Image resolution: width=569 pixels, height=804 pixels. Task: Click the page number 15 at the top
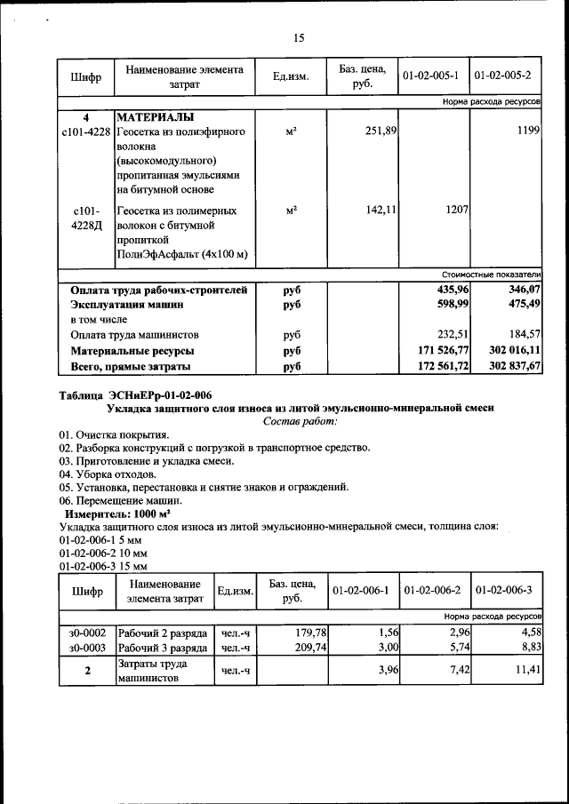coord(298,37)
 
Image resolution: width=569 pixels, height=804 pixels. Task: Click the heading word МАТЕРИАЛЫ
coord(156,117)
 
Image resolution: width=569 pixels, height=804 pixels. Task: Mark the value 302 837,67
coord(514,366)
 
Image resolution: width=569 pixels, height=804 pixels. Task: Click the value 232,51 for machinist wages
coord(452,335)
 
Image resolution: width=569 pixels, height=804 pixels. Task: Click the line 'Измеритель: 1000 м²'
coord(117,514)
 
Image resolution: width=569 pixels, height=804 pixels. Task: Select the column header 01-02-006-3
coord(503,591)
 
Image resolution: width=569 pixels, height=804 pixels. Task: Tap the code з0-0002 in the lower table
coord(87,633)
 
